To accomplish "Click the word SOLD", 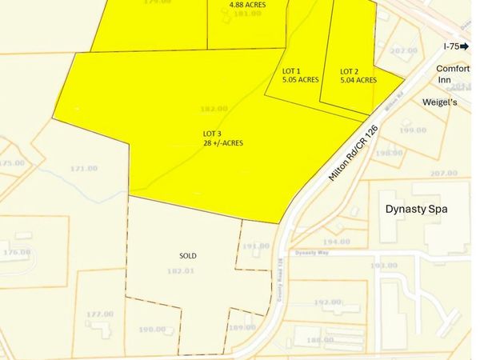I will tap(188, 256).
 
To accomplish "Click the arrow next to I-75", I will tap(464, 47).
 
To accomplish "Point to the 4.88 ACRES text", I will tap(247, 4).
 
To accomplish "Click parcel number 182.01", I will tap(182, 272).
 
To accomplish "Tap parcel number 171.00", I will tap(84, 168).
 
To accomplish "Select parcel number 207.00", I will tap(442, 174).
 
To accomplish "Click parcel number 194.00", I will tap(336, 242).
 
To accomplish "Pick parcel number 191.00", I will tap(256, 246).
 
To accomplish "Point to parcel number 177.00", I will tap(100, 314).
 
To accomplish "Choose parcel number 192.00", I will tap(327, 302).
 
